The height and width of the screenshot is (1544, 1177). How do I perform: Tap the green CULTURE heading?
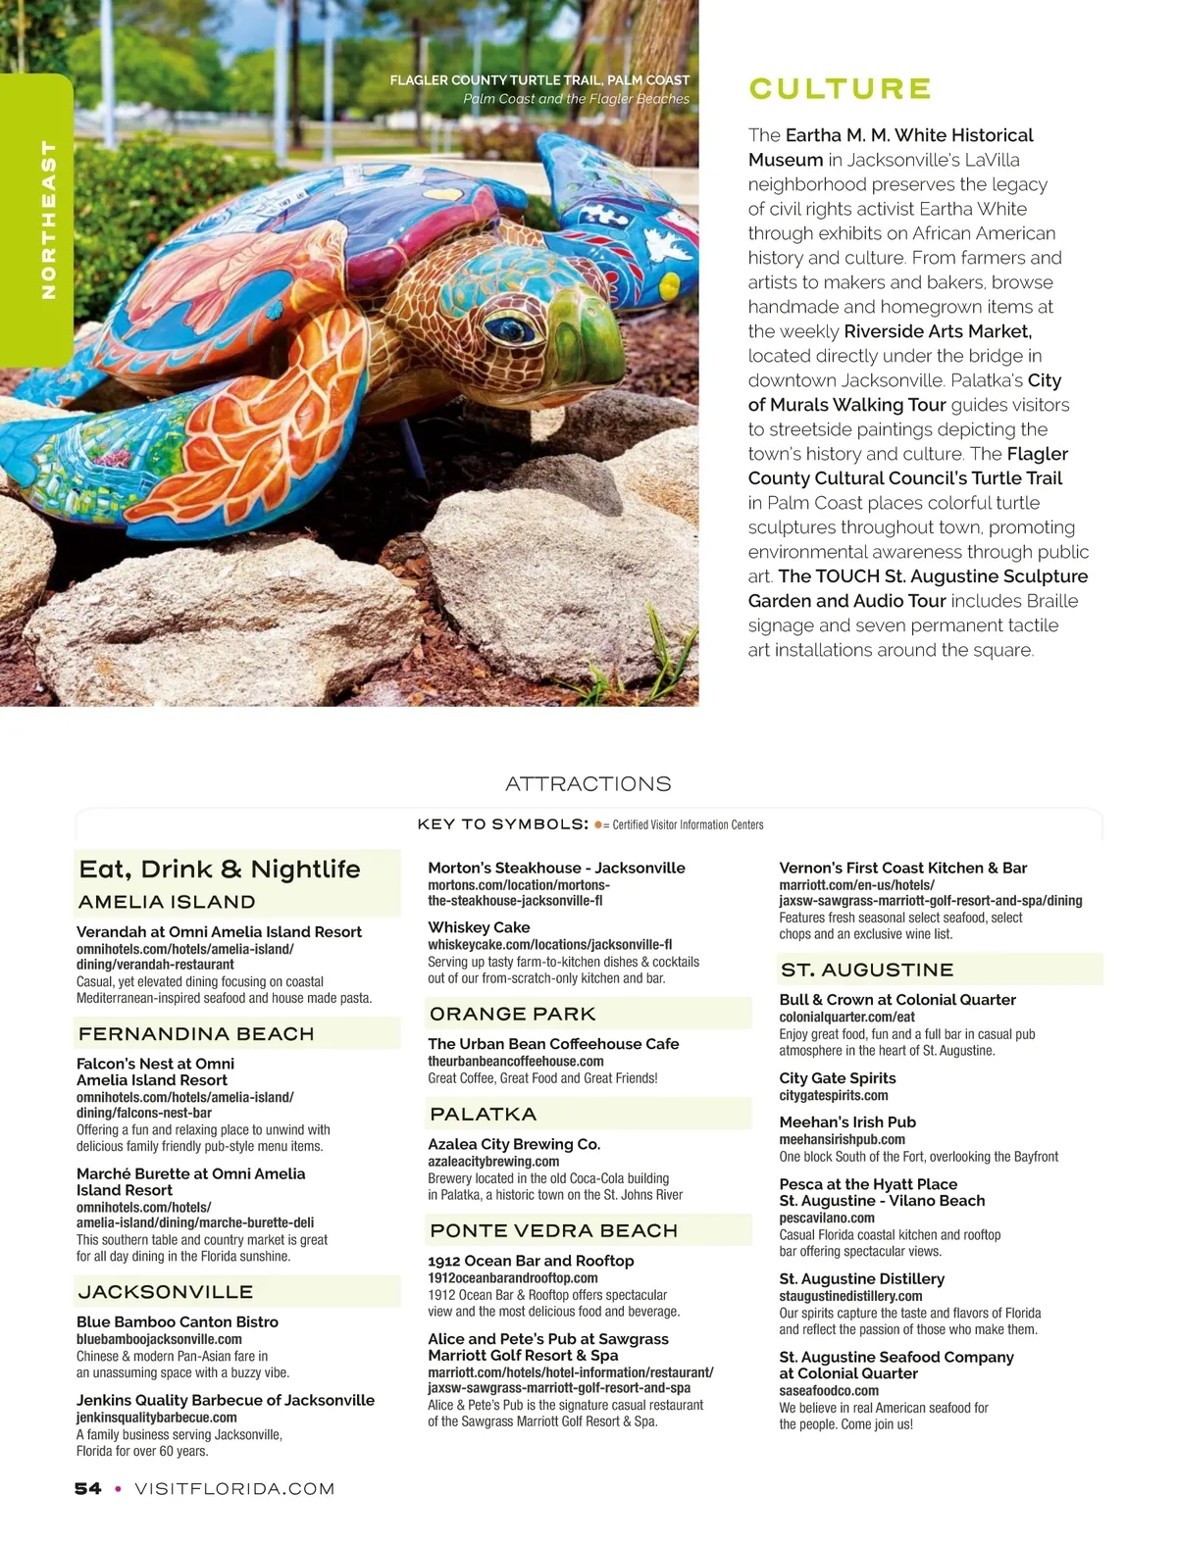840,89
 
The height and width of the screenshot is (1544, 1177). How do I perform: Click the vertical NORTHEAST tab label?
48,220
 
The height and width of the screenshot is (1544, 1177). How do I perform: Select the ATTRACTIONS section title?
588,784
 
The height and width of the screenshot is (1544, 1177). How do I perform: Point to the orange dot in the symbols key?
597,824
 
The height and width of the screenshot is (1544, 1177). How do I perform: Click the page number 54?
87,1488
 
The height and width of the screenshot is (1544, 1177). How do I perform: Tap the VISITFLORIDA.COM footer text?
234,1488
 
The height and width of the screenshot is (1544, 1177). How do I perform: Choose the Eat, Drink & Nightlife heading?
220,870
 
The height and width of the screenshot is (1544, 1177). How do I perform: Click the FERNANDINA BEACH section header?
196,1034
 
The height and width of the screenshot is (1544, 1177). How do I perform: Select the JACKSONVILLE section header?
166,1292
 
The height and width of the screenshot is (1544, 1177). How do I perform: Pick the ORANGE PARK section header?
513,1014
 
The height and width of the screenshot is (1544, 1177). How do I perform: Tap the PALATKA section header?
484,1114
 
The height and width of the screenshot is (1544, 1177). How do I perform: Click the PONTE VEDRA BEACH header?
554,1230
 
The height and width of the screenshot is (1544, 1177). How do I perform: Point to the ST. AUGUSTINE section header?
867,970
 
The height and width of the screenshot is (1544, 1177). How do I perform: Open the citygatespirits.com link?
834,1095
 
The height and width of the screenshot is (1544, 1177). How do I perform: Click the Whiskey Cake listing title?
479,927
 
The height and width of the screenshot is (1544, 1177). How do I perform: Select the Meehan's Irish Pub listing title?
847,1122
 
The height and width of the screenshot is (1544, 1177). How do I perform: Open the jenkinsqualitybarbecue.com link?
157,1418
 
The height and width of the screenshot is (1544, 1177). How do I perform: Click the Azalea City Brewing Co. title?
514,1144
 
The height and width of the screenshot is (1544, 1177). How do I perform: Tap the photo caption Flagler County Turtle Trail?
539,80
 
